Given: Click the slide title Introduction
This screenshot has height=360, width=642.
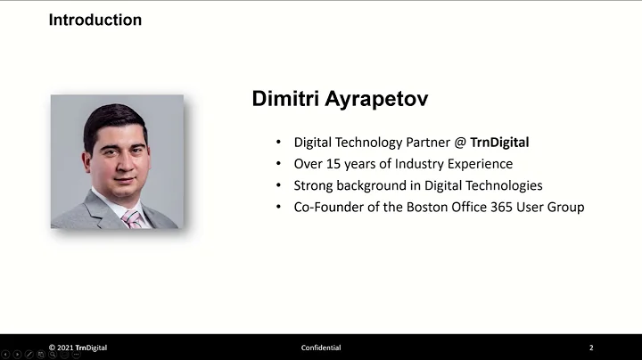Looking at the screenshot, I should pyautogui.click(x=95, y=20).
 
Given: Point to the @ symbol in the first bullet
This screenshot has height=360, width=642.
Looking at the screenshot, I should pyautogui.click(x=460, y=142).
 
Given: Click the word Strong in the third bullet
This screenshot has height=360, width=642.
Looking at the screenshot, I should pyautogui.click(x=314, y=185).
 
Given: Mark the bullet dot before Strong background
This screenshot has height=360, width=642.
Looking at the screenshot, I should pyautogui.click(x=278, y=185).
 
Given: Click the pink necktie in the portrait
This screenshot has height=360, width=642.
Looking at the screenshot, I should pyautogui.click(x=132, y=218).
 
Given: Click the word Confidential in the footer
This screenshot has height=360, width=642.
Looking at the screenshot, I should pyautogui.click(x=321, y=348).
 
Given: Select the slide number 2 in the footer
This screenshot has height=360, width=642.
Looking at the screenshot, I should pyautogui.click(x=591, y=348).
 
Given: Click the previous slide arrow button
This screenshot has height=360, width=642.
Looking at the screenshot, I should pyautogui.click(x=5, y=355).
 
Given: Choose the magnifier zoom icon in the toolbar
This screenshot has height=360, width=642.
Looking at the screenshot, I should pyautogui.click(x=53, y=355).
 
